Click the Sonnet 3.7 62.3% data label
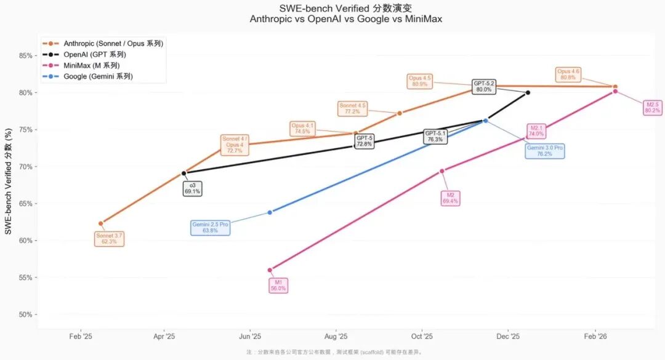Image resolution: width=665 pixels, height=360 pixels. (x=109, y=239)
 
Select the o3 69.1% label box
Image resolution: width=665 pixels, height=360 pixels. (x=192, y=188)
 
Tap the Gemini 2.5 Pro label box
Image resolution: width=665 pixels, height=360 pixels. (x=210, y=228)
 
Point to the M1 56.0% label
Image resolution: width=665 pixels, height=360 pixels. (x=278, y=285)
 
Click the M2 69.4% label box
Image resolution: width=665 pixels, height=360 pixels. (x=450, y=198)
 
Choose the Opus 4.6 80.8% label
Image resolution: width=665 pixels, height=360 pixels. (x=568, y=74)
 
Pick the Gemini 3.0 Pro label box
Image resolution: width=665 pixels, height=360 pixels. (x=545, y=151)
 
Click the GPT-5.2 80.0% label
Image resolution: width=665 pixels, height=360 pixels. (x=484, y=86)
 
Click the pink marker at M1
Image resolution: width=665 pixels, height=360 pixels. (x=270, y=270)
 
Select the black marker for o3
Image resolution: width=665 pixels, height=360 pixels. (x=183, y=174)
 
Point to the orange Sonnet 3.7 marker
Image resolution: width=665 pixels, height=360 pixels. (x=101, y=223)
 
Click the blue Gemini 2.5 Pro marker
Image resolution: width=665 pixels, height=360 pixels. (x=270, y=212)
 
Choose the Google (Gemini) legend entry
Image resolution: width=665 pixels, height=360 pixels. (x=98, y=77)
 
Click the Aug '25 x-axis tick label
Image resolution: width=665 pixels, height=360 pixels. (x=335, y=337)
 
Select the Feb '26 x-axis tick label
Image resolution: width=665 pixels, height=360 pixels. (x=594, y=337)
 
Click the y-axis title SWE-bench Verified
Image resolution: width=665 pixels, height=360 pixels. (x=8, y=185)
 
